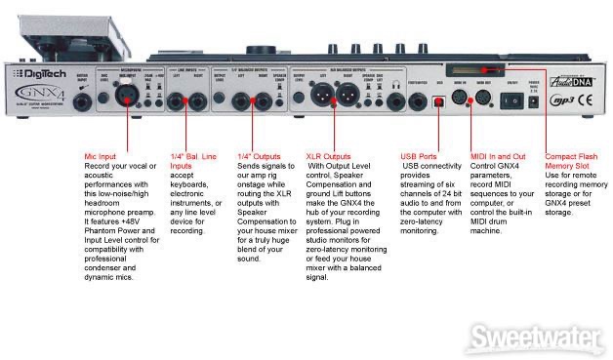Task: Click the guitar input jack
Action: coord(82,101)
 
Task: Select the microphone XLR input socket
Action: coord(129,100)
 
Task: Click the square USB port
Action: coord(437,101)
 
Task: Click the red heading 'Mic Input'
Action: coord(106,156)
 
